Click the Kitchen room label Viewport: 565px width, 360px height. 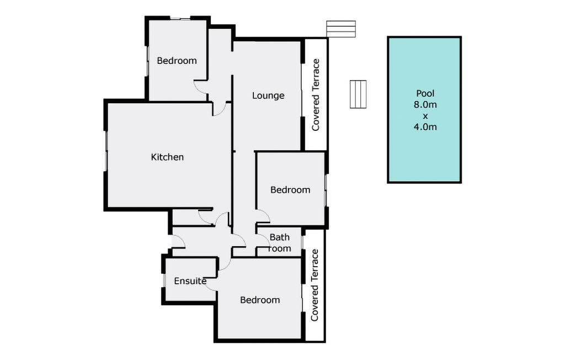pos(167,157)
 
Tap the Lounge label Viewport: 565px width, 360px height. pos(268,96)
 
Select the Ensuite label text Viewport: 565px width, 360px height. pos(190,281)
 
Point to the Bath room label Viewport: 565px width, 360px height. pos(280,243)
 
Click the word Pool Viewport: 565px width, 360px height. pos(425,93)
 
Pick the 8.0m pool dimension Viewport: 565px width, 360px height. pos(425,105)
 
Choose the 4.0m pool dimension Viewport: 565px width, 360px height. pos(425,127)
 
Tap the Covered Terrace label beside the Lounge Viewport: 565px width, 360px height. pos(316,95)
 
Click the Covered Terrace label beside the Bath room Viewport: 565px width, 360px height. pos(315,285)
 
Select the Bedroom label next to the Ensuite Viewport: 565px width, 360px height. pos(260,300)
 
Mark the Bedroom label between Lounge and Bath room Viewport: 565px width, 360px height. pos(290,190)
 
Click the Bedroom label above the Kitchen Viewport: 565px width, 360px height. pos(177,61)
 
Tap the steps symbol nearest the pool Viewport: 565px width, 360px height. pos(358,94)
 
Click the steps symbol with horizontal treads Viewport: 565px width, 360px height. pos(341,29)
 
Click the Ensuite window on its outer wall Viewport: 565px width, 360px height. pos(164,280)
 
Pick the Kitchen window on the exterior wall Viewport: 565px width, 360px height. pos(106,151)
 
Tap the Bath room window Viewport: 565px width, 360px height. pos(303,242)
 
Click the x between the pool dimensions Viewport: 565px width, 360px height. pos(425,116)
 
